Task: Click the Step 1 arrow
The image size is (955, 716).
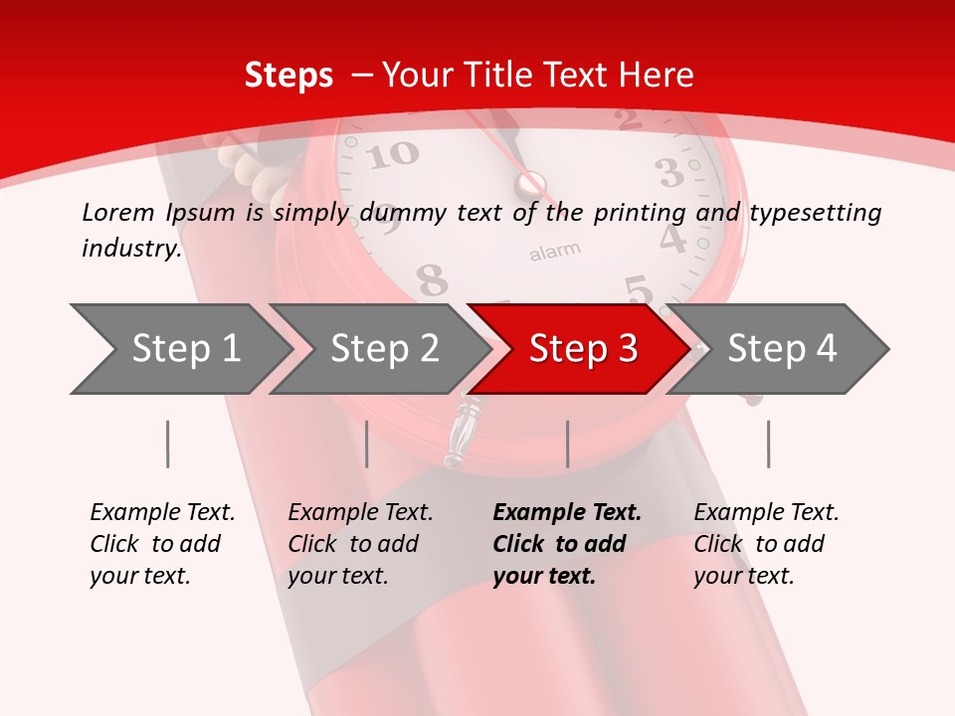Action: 179,349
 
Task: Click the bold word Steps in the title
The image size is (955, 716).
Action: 288,75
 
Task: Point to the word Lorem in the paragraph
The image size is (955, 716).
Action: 117,212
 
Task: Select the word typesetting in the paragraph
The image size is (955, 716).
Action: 815,213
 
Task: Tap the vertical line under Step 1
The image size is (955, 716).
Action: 167,444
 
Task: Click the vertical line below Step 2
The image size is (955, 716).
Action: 367,444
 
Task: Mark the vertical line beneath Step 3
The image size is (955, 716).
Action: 567,444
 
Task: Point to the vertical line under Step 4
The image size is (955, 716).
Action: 768,444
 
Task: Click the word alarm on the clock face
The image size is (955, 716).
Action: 554,252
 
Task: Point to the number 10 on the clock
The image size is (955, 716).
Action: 398,154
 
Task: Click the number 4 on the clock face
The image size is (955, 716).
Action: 673,240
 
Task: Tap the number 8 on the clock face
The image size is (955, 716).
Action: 432,281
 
